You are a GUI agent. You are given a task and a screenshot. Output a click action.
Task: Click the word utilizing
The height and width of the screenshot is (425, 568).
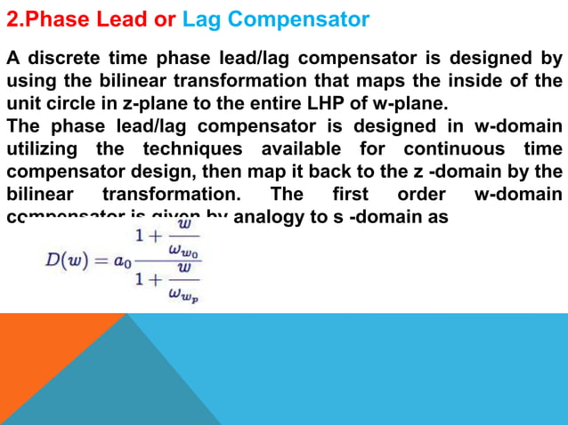[44, 148]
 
